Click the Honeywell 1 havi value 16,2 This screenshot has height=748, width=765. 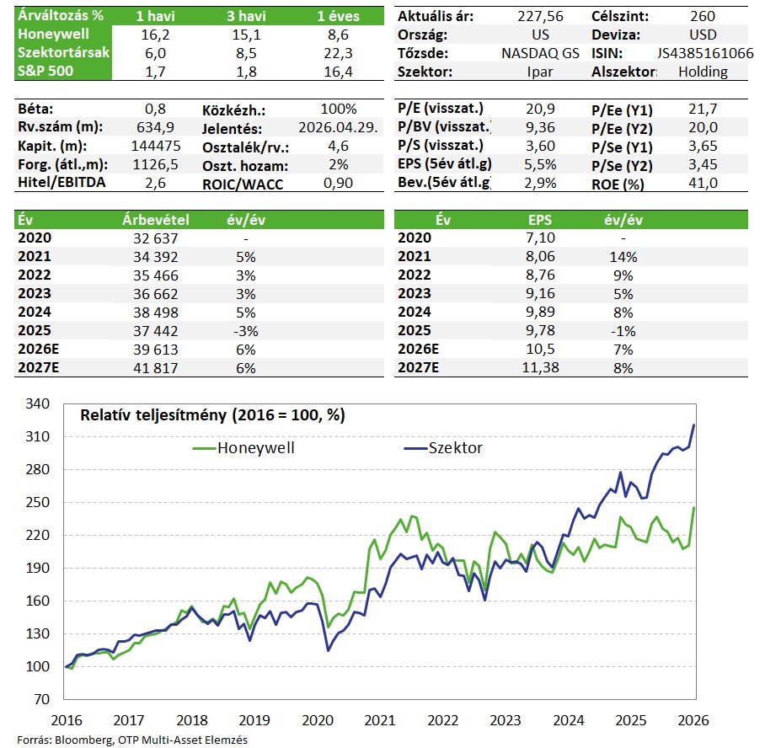coord(155,35)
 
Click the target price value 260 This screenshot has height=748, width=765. coord(702,16)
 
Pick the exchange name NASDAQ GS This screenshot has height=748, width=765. coord(539,53)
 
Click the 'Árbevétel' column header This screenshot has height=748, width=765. coord(155,220)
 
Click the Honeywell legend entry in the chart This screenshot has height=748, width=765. coord(244,448)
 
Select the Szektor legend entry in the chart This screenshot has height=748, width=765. coord(442,448)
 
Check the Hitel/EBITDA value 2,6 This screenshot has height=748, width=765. coord(155,183)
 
